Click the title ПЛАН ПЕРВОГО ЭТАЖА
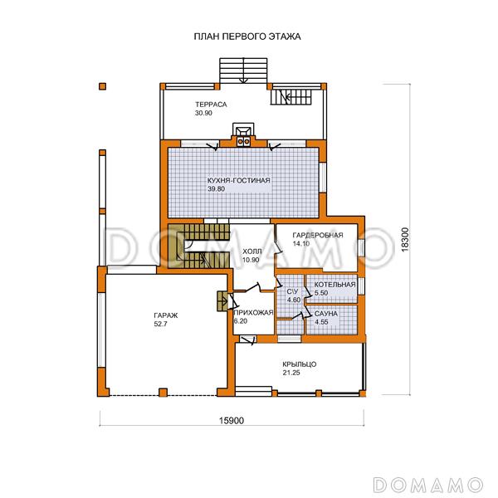point(247,37)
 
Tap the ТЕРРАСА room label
point(211,105)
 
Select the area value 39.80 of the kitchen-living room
point(216,189)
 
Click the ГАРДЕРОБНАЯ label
point(318,236)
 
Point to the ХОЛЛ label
point(252,251)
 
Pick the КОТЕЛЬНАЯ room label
point(334,285)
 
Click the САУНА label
point(326,314)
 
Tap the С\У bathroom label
point(292,291)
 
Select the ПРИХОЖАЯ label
point(253,313)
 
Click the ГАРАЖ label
point(166,315)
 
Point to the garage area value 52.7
point(160,325)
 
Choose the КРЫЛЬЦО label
point(299,364)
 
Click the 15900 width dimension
point(232,421)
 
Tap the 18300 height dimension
point(405,240)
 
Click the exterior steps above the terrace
point(243,71)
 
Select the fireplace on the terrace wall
point(243,134)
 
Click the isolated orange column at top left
point(102,86)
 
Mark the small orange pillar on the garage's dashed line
point(163,393)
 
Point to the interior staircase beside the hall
point(198,246)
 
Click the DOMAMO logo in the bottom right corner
point(427,486)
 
